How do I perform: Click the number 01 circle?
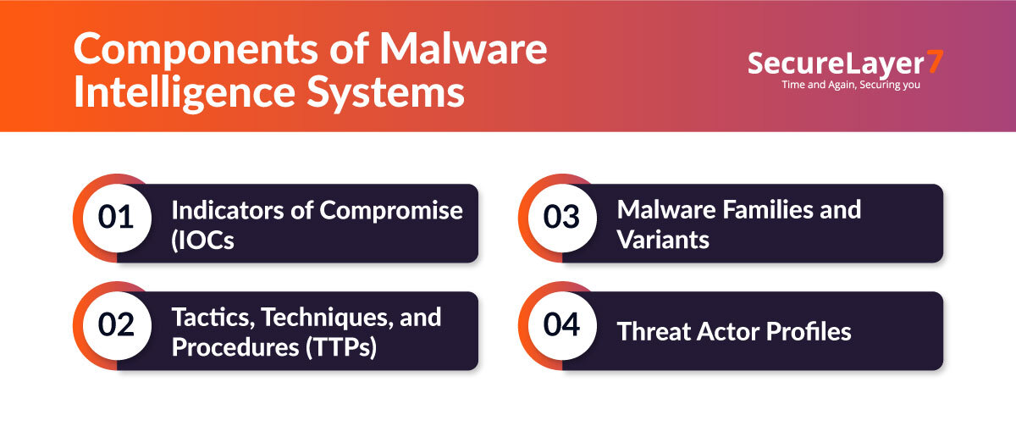[116, 218]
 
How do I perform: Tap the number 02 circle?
[116, 325]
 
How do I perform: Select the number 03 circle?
[561, 218]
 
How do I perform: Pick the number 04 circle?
[561, 325]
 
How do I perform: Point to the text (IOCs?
[203, 240]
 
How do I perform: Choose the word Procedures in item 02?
[231, 348]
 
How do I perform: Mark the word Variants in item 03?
[663, 240]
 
